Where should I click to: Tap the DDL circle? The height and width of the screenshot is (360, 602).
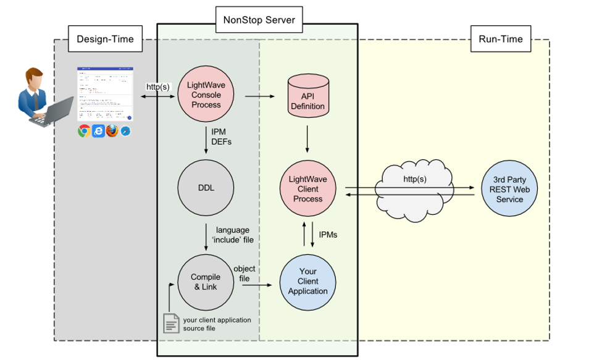205,188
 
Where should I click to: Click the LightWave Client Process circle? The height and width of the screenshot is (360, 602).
308,188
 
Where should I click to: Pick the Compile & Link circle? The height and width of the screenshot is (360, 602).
205,282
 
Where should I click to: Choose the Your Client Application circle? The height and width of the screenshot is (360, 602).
308,282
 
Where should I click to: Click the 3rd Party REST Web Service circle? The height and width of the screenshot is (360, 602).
509,188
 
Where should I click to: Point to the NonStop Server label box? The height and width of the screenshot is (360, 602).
259,20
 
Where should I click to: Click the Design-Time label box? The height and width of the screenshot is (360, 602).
104,39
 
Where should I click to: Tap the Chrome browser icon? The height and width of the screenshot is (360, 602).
84,131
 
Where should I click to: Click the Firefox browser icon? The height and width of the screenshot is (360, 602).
112,131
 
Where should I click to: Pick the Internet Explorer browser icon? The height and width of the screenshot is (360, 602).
98,131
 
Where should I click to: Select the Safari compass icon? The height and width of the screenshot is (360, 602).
126,132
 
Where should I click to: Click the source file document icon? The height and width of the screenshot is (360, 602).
171,324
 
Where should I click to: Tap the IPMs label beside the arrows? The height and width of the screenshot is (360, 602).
328,235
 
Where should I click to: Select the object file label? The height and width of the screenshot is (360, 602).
245,274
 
